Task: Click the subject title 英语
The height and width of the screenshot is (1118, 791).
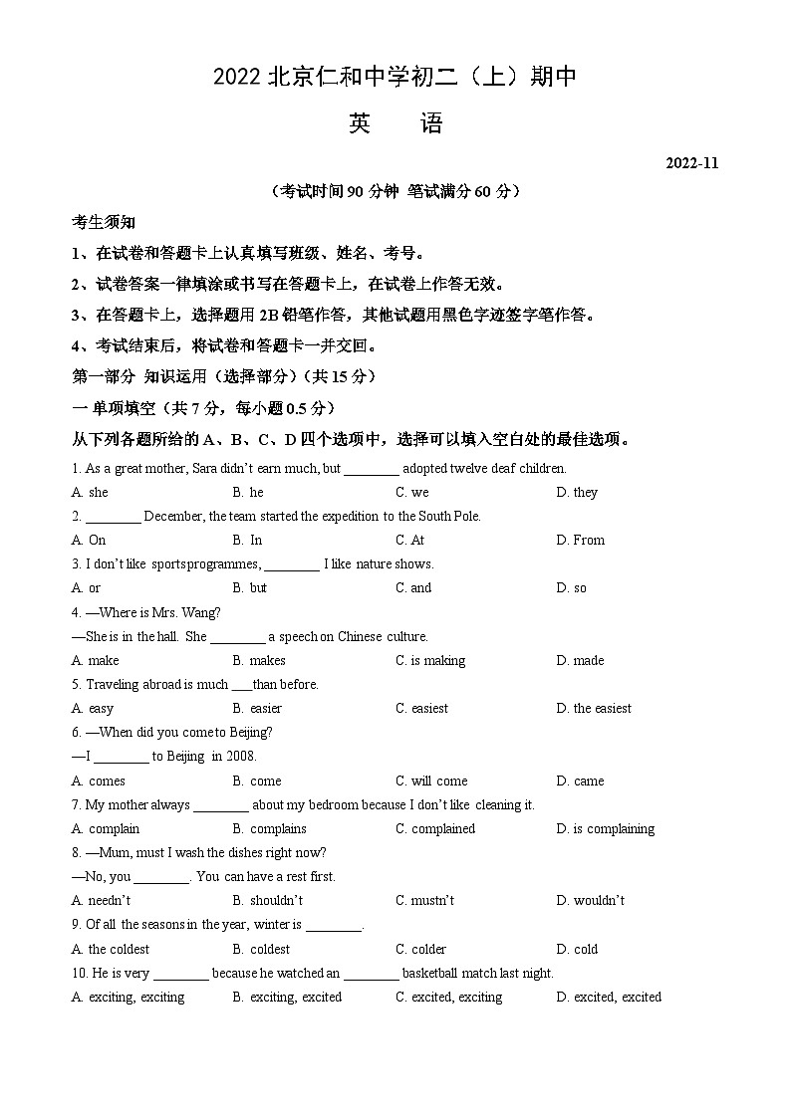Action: [x=395, y=123]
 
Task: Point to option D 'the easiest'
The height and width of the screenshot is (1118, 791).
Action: [x=602, y=708]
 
